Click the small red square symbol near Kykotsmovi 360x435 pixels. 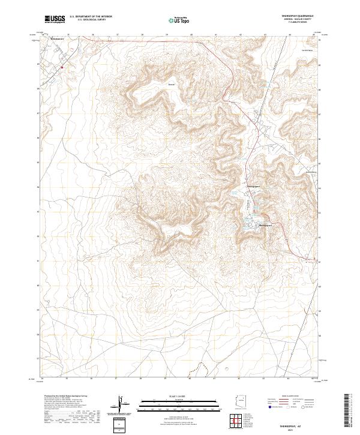(x=62, y=68)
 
